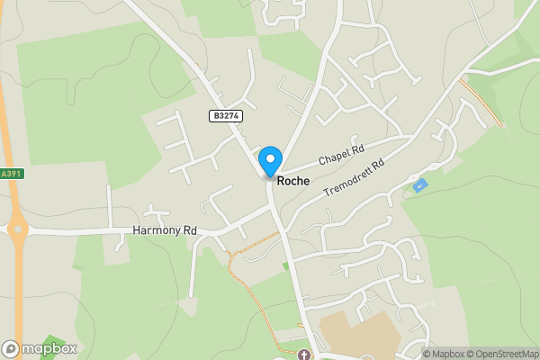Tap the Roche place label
293,181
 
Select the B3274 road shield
226,116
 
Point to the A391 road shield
10,174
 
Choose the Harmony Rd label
165,230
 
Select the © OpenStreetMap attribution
500,354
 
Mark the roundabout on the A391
16,230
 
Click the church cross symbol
303,355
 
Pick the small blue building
419,185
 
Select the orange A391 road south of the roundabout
21,297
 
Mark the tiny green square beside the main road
286,265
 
